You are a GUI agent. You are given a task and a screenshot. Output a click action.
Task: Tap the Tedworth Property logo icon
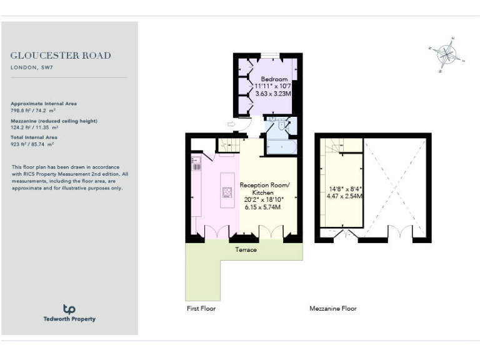click(x=69, y=309)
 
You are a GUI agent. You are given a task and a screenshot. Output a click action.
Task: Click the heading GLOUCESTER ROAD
click(x=61, y=55)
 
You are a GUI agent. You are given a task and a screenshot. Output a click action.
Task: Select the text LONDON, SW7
click(x=31, y=67)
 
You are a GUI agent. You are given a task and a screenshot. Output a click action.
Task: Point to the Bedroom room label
click(x=274, y=79)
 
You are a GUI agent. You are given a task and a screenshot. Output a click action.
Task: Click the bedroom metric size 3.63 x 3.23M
click(x=274, y=93)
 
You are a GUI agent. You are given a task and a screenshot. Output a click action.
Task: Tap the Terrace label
click(x=246, y=250)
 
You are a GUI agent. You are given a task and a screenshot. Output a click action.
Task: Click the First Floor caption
click(x=201, y=309)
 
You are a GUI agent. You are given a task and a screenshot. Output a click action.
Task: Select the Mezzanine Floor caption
click(x=333, y=309)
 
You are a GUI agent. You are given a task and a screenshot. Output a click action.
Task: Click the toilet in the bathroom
click(x=283, y=127)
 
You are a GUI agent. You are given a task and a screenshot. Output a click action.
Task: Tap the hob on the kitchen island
click(x=224, y=192)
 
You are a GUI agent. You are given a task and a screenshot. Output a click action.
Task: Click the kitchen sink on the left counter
click(x=196, y=166)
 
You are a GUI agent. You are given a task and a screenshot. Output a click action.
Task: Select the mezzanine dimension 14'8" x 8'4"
click(x=346, y=188)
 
